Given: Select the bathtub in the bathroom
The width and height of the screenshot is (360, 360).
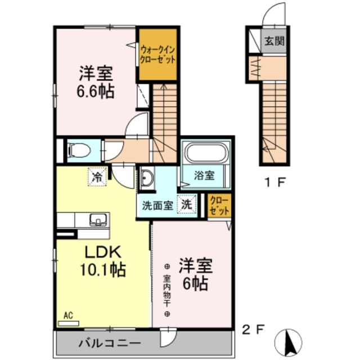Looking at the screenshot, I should point(206,154).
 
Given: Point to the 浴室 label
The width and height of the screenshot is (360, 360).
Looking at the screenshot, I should point(204,175).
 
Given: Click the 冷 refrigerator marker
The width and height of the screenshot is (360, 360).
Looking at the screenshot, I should point(97,177).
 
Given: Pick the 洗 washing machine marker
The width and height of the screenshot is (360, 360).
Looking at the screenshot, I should point(187,205).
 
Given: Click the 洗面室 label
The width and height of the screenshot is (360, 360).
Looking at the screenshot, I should point(157,205).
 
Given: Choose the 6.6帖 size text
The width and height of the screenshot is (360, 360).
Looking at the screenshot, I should point(96,91).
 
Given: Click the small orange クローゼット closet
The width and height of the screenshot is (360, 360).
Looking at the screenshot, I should point(219,206).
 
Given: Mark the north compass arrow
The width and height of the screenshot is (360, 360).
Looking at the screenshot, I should point(290,339).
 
